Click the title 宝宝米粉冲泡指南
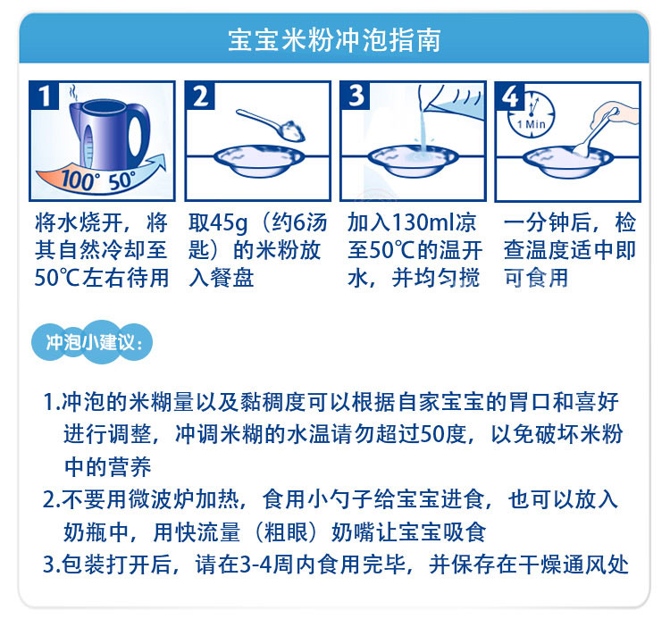(x=334, y=40)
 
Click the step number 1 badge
(x=44, y=96)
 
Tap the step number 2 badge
(x=200, y=96)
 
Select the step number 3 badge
(x=355, y=96)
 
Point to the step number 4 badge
(x=510, y=96)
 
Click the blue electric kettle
(x=109, y=134)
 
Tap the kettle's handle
(x=138, y=132)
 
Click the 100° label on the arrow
(x=78, y=180)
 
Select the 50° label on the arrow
(x=121, y=180)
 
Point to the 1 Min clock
(x=532, y=115)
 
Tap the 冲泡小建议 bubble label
(x=92, y=342)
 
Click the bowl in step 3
(x=414, y=160)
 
